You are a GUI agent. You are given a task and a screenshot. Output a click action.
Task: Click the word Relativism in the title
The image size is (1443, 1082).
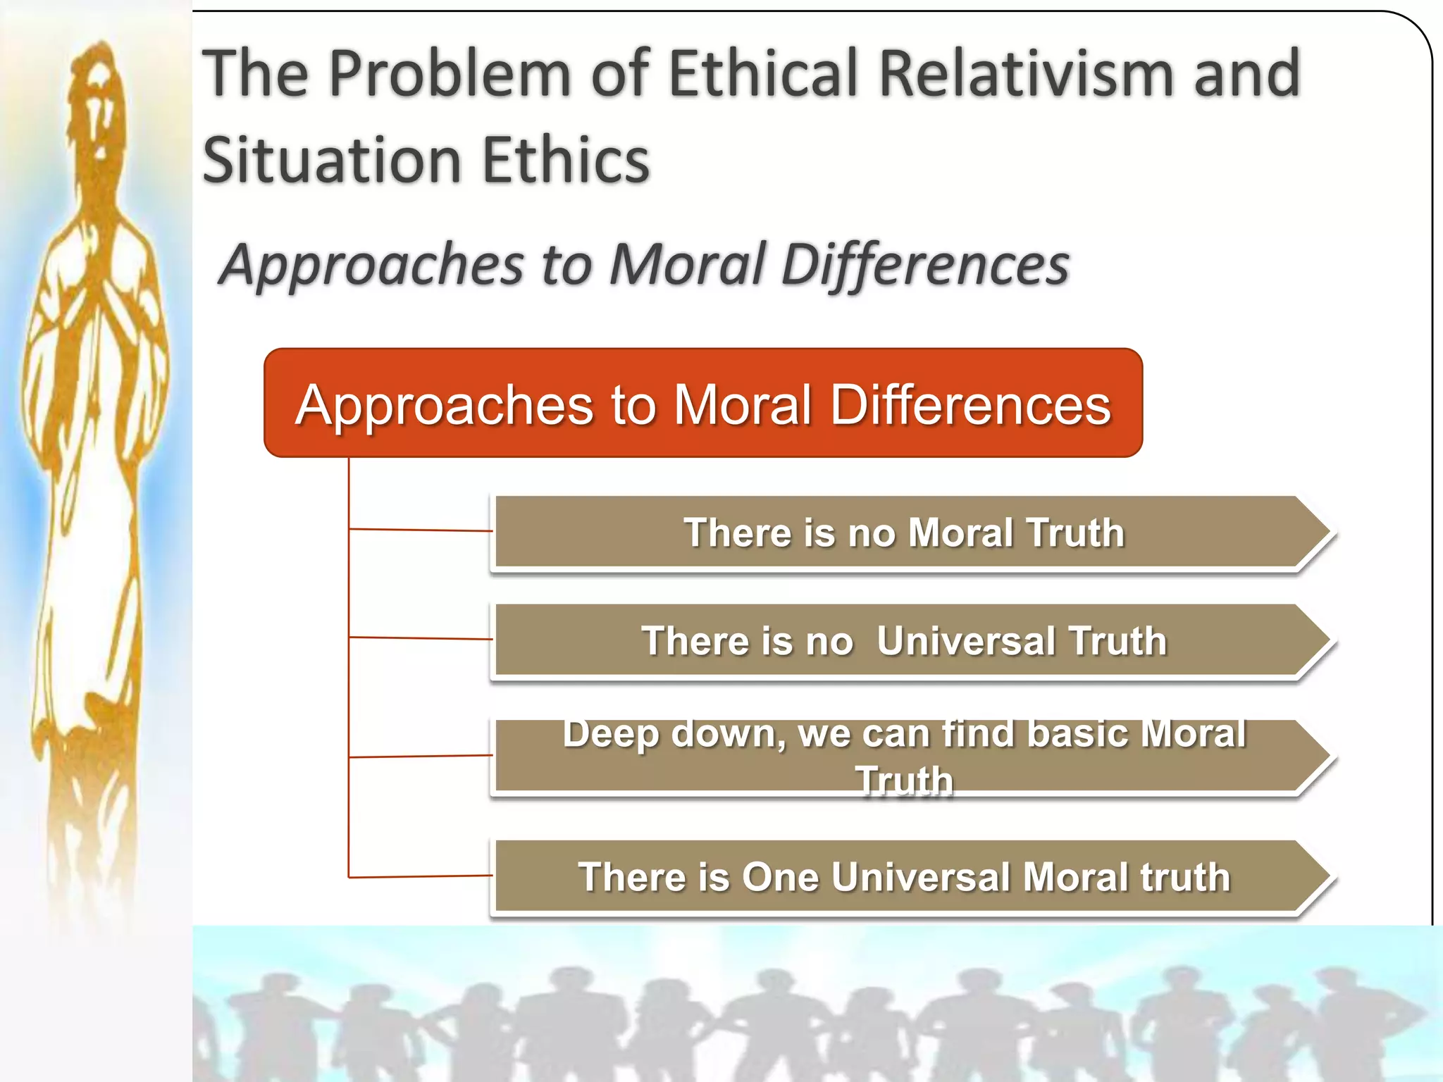pos(1028,73)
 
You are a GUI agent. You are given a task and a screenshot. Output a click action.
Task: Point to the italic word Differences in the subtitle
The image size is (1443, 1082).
pos(925,265)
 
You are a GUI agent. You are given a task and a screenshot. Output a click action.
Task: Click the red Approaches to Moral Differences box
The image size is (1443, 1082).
pos(702,403)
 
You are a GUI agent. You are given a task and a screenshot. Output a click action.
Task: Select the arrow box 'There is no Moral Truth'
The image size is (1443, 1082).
pos(902,532)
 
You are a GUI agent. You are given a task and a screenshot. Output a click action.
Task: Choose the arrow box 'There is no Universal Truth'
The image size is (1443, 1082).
pos(902,640)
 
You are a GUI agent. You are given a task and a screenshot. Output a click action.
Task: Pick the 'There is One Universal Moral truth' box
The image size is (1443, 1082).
pos(902,877)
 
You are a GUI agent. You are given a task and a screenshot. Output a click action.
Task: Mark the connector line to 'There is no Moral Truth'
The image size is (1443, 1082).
pos(421,530)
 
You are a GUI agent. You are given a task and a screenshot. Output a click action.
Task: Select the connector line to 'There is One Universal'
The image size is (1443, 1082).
pos(421,876)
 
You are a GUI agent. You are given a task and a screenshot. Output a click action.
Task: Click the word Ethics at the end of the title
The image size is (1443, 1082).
pos(566,161)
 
